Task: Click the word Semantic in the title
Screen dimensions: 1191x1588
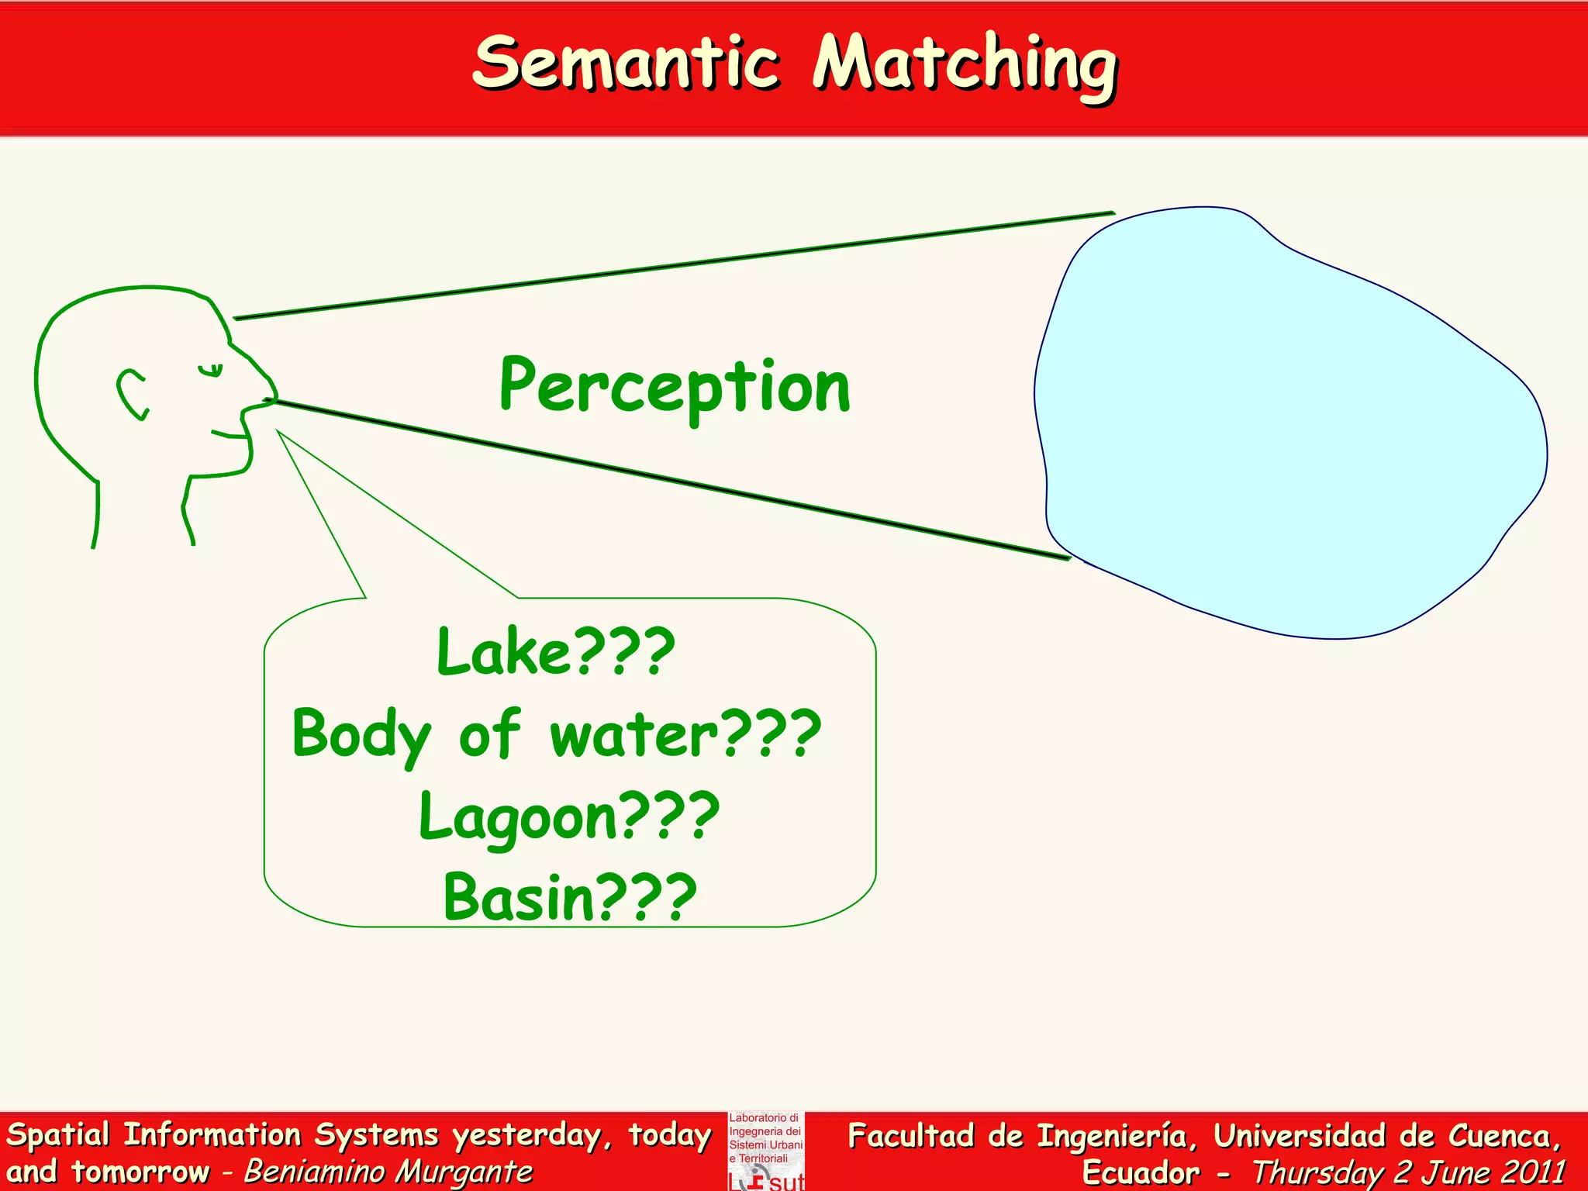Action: pyautogui.click(x=625, y=64)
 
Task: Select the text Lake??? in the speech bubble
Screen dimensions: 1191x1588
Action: pyautogui.click(x=555, y=652)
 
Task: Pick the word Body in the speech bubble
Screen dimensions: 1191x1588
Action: pyautogui.click(x=361, y=735)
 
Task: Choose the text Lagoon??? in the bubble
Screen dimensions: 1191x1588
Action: pyautogui.click(x=569, y=817)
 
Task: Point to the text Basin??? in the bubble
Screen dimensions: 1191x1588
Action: pyautogui.click(x=570, y=898)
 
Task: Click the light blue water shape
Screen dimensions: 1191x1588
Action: pyautogui.click(x=1287, y=426)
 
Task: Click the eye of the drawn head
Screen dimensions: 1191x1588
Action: pyautogui.click(x=210, y=370)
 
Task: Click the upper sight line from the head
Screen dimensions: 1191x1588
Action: pyautogui.click(x=675, y=264)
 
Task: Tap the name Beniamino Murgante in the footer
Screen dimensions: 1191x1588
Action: pyautogui.click(x=388, y=1172)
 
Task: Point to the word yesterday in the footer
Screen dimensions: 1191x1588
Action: pyautogui.click(x=527, y=1136)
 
